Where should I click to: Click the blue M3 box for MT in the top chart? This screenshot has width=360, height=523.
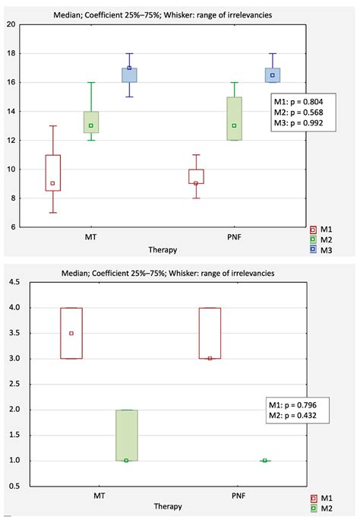(x=129, y=74)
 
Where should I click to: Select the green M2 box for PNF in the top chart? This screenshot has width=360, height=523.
(x=234, y=118)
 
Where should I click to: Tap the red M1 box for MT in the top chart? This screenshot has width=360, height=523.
(x=53, y=173)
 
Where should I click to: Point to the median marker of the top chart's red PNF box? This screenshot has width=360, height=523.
(x=196, y=183)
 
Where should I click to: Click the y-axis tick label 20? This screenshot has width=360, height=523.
(x=11, y=24)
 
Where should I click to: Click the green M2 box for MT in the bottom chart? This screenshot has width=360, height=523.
(x=126, y=435)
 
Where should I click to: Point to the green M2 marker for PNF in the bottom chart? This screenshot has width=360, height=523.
(x=264, y=460)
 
